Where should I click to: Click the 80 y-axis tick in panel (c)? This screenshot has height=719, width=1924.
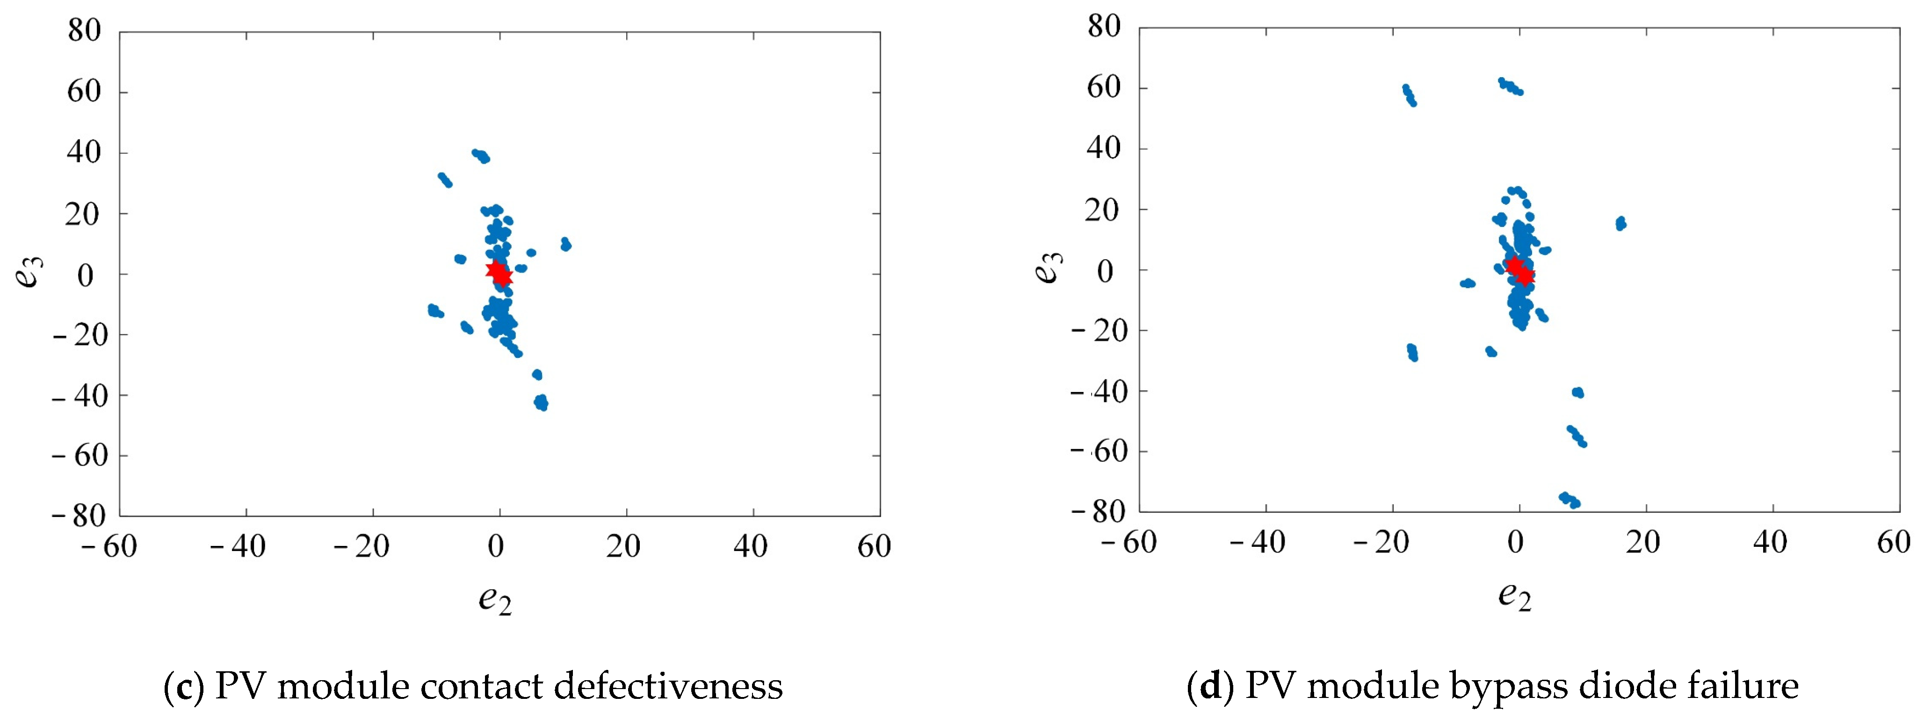tap(84, 31)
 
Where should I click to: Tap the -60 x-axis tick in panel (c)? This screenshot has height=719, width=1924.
tap(110, 546)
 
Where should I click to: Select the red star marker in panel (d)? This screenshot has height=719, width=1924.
tap(1519, 270)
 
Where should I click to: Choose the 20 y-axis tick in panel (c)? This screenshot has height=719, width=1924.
tap(82, 214)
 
